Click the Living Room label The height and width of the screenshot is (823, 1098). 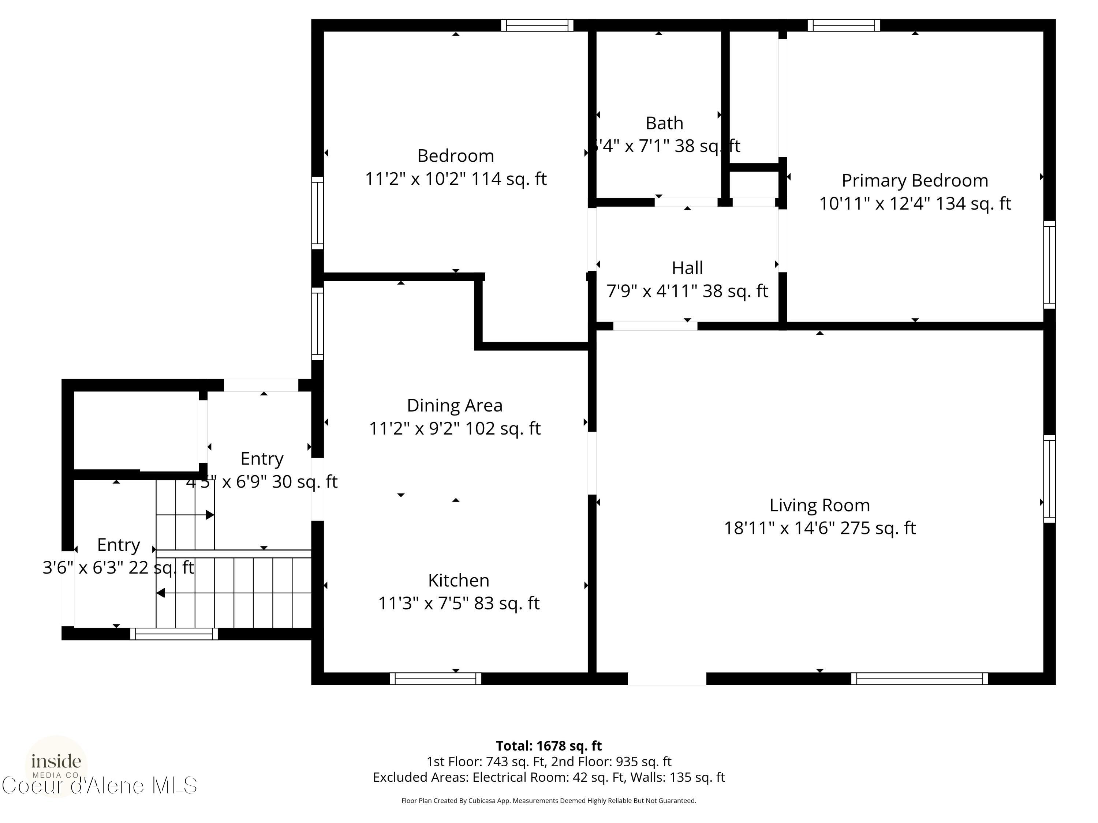(819, 505)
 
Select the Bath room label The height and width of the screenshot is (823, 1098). (664, 123)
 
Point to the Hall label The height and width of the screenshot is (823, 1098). (687, 268)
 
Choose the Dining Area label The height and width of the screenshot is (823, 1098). (454, 405)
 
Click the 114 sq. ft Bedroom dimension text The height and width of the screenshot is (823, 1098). (455, 178)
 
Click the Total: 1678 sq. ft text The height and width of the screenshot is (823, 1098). (549, 745)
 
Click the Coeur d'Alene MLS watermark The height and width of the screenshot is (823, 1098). (99, 786)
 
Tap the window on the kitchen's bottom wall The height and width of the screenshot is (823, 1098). (435, 678)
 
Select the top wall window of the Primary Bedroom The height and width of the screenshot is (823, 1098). (843, 25)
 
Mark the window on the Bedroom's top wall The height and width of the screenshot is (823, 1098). (537, 25)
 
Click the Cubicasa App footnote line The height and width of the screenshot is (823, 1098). (549, 800)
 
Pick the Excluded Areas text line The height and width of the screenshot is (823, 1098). (549, 777)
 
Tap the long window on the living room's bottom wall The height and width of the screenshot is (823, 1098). (919, 678)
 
